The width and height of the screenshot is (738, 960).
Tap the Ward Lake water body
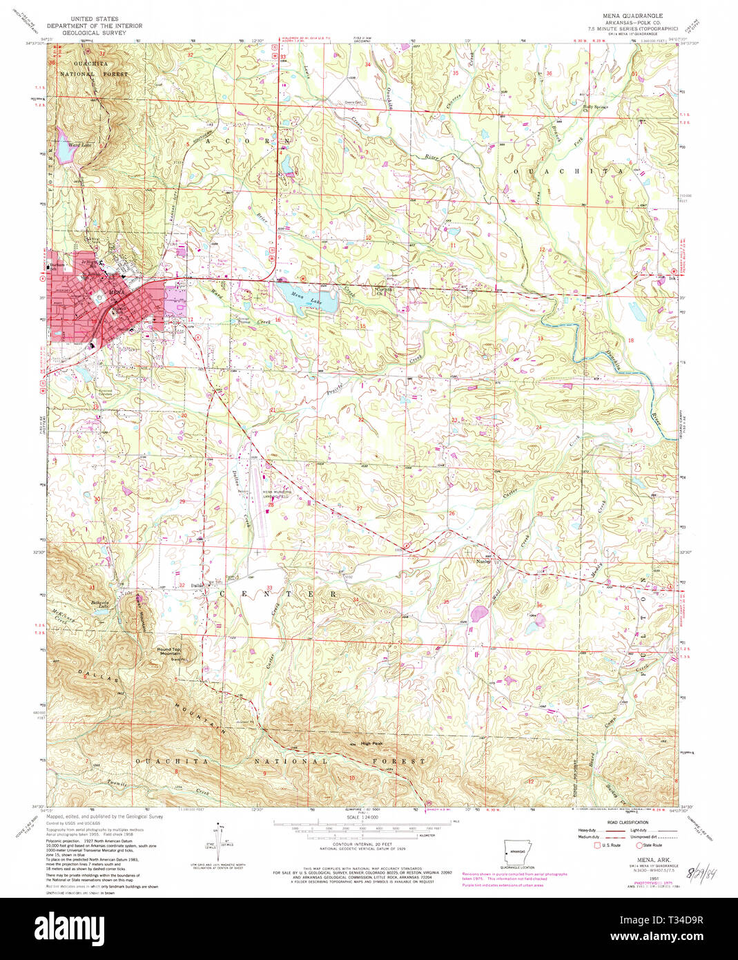click(64, 153)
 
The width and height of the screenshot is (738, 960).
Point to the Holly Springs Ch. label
click(595, 107)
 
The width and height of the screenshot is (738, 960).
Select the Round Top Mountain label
click(169, 651)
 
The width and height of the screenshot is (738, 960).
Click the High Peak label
click(371, 744)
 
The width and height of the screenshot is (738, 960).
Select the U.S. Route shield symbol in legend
click(597, 845)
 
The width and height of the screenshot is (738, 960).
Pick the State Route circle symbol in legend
click(639, 845)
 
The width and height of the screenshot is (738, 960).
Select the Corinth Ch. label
click(383, 290)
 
